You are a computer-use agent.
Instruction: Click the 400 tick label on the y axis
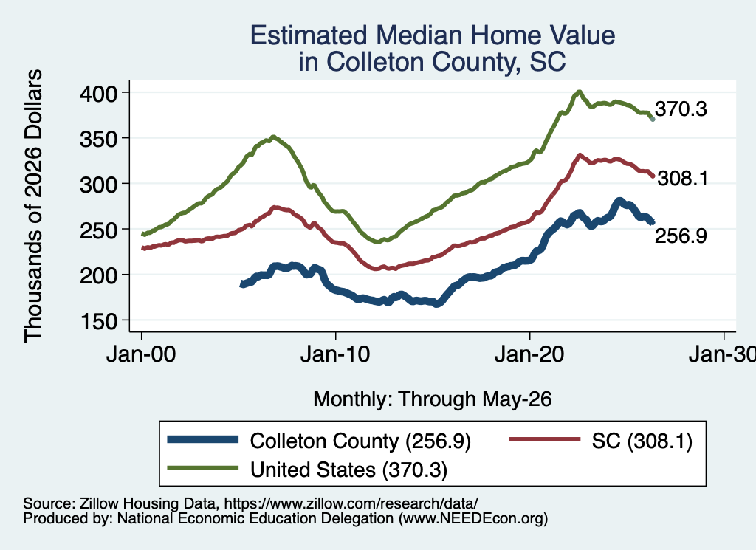[98, 93]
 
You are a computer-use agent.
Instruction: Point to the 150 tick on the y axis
[98, 321]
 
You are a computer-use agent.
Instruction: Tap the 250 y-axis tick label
[98, 230]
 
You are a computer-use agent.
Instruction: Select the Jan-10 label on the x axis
[335, 354]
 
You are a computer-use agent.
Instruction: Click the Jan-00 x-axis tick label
[141, 354]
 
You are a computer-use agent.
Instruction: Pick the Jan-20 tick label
[529, 354]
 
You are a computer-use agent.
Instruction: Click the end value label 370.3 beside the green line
[681, 109]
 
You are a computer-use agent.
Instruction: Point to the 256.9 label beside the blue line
[681, 236]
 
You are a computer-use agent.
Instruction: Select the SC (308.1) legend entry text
[642, 441]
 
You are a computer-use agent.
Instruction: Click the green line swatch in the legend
[202, 468]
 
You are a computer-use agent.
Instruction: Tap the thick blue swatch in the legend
[202, 439]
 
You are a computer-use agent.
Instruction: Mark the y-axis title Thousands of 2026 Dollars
[33, 206]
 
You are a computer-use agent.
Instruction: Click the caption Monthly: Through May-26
[433, 399]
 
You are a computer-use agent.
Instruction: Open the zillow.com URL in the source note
[351, 503]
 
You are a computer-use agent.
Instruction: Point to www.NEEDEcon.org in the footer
[473, 518]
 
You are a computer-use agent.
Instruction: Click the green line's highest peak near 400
[579, 92]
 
